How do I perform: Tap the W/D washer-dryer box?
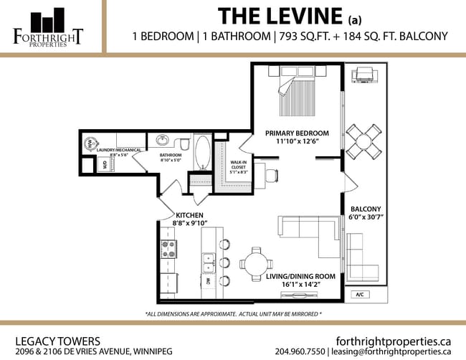[x=105, y=164]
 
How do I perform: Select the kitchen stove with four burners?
[x=169, y=249]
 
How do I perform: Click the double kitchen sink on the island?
[x=208, y=263]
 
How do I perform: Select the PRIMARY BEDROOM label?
[x=297, y=133]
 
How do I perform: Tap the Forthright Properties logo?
[x=48, y=27]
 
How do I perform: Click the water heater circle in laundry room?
[x=90, y=143]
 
